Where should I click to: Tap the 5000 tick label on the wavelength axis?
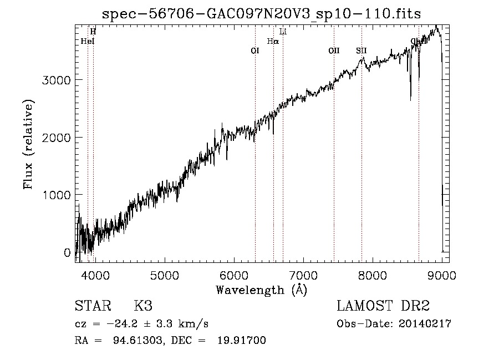pyautogui.click(x=164, y=275)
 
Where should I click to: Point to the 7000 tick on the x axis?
pyautogui.click(x=303, y=275)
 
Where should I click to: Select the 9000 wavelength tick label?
pyautogui.click(x=442, y=275)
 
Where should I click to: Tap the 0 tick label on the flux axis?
pyautogui.click(x=68, y=253)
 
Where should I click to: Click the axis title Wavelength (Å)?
pyautogui.click(x=261, y=290)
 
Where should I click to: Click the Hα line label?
pyautogui.click(x=273, y=41)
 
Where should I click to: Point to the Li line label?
pyautogui.click(x=283, y=32)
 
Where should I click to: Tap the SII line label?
pyautogui.click(x=361, y=50)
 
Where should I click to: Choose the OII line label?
pyautogui.click(x=334, y=50)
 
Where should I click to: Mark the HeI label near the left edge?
pyautogui.click(x=88, y=41)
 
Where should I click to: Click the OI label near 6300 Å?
pyautogui.click(x=255, y=50)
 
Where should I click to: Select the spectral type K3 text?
pyautogui.click(x=143, y=306)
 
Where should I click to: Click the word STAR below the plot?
pyautogui.click(x=91, y=306)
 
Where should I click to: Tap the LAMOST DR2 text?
pyautogui.click(x=383, y=306)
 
